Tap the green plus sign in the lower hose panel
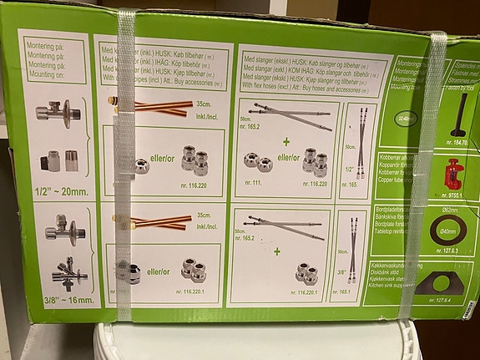276,251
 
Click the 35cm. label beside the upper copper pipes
203,104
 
